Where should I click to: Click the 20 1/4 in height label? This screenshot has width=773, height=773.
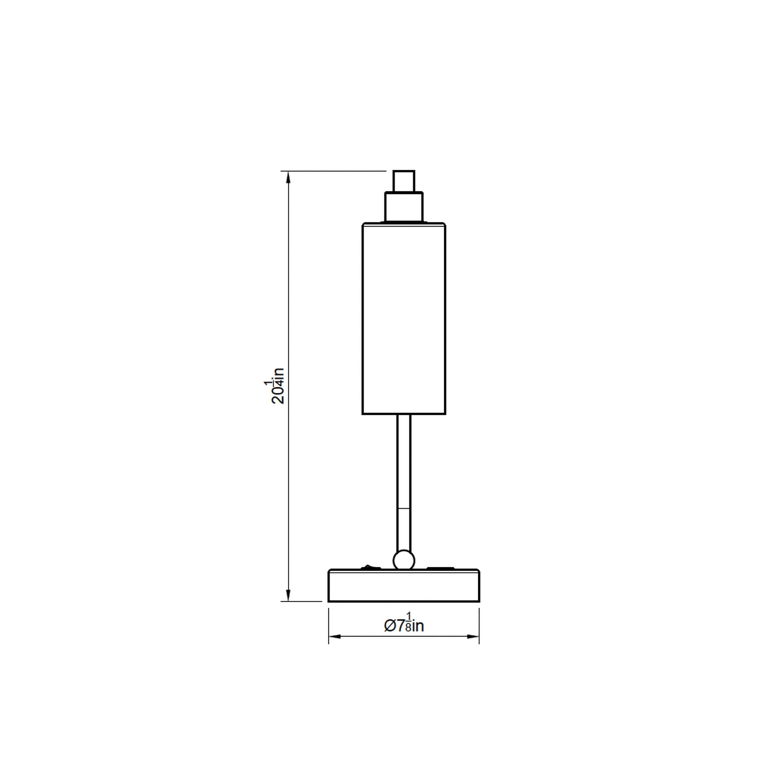pos(274,386)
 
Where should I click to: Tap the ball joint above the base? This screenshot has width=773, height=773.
pos(404,560)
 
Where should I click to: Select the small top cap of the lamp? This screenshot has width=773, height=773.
pos(404,181)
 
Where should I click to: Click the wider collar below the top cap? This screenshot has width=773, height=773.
pos(404,207)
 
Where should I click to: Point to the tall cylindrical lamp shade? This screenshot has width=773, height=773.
pos(404,319)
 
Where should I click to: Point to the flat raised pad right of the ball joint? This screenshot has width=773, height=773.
pos(440,568)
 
